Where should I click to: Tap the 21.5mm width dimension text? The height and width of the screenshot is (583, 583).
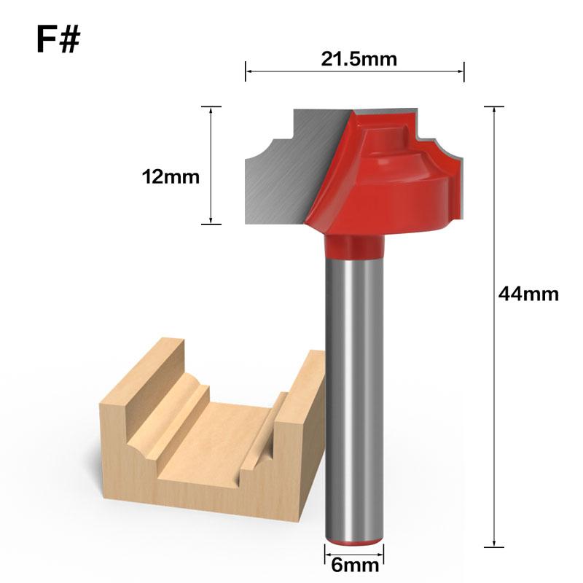(359, 59)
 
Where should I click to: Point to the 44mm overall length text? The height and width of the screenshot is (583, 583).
(528, 294)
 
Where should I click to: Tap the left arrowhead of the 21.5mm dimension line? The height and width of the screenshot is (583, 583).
(249, 71)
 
